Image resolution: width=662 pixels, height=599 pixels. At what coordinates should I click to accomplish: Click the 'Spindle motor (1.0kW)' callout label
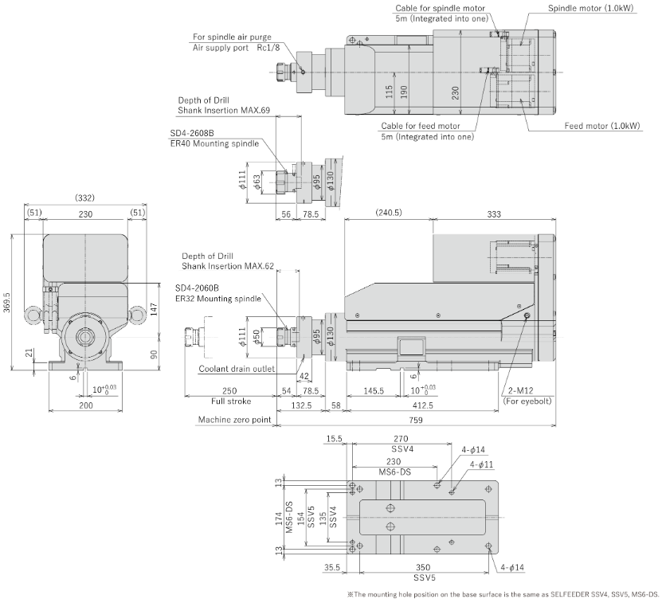point(590,8)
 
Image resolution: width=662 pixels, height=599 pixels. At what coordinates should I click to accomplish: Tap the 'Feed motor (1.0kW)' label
point(602,126)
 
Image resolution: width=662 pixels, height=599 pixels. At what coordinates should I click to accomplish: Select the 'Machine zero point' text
point(234,420)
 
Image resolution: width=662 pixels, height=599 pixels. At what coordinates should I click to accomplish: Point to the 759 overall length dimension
point(416,420)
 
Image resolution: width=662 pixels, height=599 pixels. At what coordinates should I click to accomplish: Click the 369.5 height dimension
point(7,302)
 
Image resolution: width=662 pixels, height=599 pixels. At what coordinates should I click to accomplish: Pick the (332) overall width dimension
point(84,198)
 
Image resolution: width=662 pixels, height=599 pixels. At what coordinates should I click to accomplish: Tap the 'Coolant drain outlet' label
point(237,369)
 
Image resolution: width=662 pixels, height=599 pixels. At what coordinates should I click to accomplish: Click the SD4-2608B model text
point(192,133)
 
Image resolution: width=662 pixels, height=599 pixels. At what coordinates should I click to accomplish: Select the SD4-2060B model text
point(197,288)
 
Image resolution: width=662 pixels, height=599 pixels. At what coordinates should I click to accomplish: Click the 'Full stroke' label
point(230,401)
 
